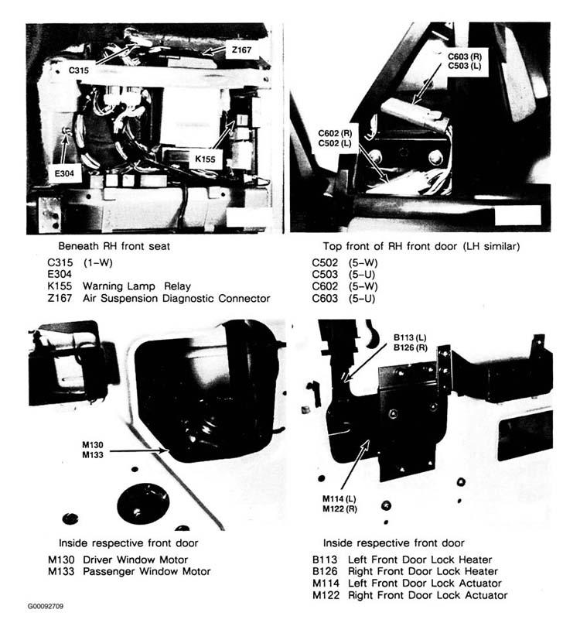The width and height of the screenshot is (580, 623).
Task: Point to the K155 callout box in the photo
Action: [205, 159]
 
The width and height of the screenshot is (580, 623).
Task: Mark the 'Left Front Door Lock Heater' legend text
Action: [420, 560]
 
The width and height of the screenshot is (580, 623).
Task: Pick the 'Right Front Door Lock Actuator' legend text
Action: [428, 595]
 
